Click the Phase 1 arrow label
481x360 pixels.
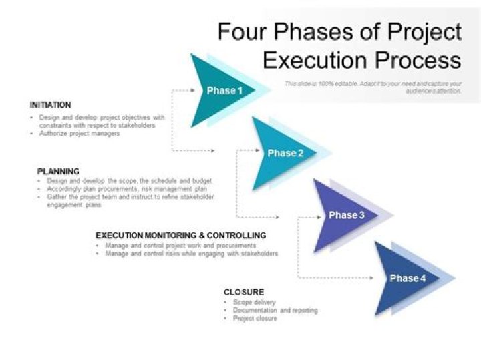(221, 91)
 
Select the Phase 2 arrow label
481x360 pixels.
(286, 154)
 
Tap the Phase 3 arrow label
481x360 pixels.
(346, 215)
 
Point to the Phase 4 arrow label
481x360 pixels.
(408, 278)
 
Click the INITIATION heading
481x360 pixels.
(51, 105)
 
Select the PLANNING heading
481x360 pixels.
(59, 172)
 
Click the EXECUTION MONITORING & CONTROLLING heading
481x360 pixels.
(181, 236)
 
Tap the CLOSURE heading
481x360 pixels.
(244, 293)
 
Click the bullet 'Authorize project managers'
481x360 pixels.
(79, 134)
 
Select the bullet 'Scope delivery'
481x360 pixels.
(255, 303)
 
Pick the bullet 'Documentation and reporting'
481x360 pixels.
(275, 311)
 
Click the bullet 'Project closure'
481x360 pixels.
(255, 319)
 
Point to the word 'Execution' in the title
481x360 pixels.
(315, 60)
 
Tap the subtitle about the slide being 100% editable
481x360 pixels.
(373, 87)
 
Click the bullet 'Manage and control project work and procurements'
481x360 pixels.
(180, 246)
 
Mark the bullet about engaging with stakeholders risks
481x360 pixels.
(191, 254)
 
